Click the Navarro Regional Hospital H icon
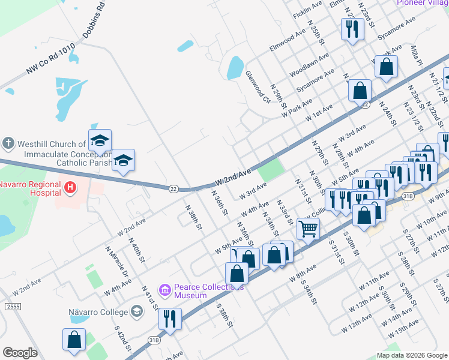tap(71, 188)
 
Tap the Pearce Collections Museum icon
tap(165, 290)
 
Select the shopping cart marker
tap(308, 228)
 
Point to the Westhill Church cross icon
tap(8, 144)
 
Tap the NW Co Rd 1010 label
tap(50, 59)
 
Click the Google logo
tap(20, 353)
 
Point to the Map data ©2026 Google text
tap(411, 355)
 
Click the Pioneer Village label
tap(422, 2)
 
